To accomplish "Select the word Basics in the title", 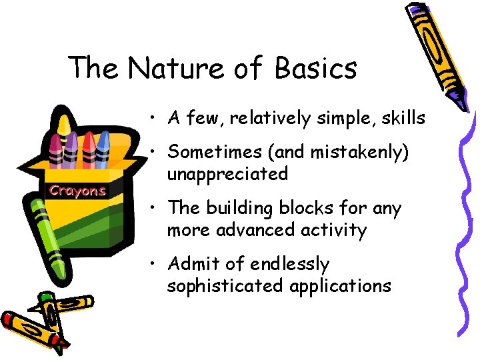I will pos(315,68).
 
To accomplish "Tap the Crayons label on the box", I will pos(77,191).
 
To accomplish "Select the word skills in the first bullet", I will pos(402,118).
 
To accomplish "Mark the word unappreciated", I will pos(227,174).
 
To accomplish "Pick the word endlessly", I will pos(289,264).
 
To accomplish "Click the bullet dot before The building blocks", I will pos(154,209).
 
